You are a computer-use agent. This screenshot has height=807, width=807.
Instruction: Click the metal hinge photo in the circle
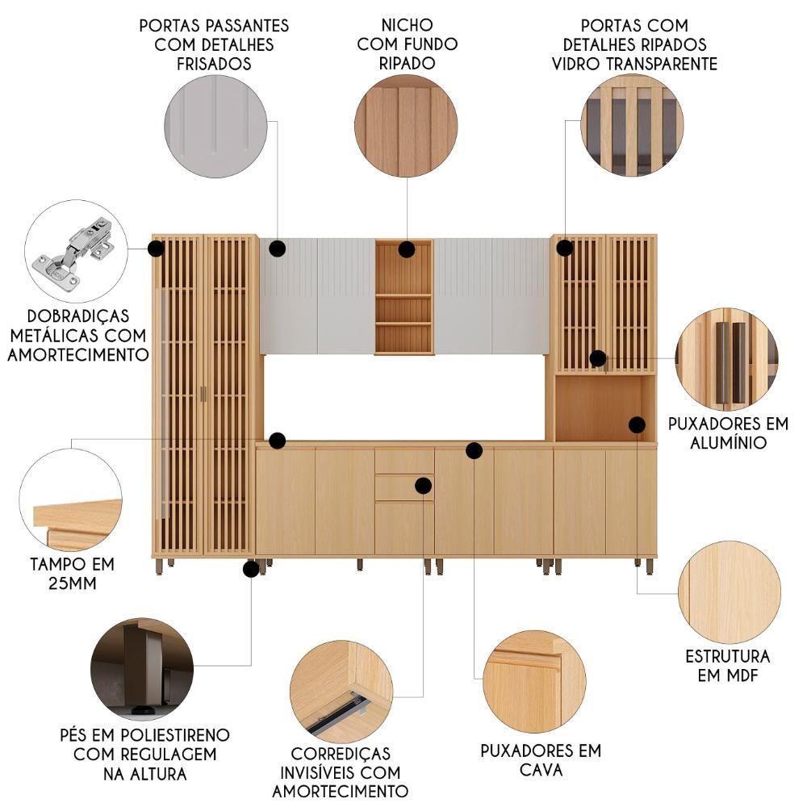tap(75, 251)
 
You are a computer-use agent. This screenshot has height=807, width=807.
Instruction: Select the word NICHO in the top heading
tap(407, 25)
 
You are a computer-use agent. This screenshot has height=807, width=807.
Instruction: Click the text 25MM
tap(72, 583)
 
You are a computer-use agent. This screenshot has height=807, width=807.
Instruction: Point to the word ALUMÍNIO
tap(728, 442)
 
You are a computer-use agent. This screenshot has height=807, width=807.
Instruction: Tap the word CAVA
tap(541, 770)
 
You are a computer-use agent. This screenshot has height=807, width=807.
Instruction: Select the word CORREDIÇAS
tap(341, 754)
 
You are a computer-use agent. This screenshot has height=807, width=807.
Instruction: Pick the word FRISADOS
tap(214, 64)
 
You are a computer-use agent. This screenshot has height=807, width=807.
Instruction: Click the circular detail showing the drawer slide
tap(341, 692)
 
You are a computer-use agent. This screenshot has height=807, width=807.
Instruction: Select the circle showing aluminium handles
tap(727, 359)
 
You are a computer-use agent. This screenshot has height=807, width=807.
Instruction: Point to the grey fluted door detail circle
tap(215, 127)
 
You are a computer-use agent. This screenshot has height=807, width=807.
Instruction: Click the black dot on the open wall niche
tap(406, 249)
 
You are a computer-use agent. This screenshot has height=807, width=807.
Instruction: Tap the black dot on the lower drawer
tap(423, 485)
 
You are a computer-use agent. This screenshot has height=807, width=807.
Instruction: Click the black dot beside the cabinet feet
tap(251, 569)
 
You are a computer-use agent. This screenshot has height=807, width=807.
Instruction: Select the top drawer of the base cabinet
tap(404, 461)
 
